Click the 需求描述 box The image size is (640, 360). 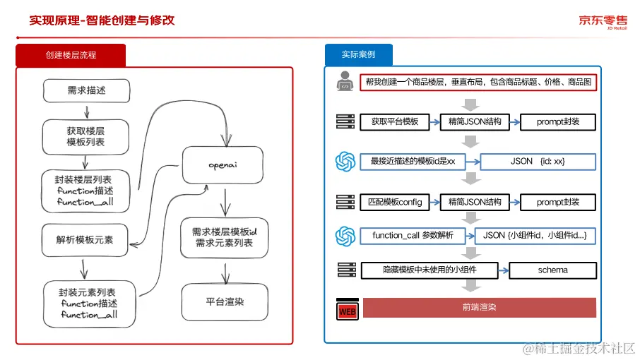tap(86, 90)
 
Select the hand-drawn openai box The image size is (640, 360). tap(223, 165)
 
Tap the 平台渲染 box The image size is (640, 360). tap(225, 302)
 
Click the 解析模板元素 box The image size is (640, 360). tap(85, 240)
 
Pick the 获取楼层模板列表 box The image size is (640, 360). tap(85, 136)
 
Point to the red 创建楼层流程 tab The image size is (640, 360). tap(71, 55)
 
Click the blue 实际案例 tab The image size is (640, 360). tap(358, 54)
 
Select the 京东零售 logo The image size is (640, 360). tap(603, 22)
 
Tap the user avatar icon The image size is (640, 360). tap(345, 81)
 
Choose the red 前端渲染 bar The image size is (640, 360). tap(480, 307)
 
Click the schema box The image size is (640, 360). tap(552, 270)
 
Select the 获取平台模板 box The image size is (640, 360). tap(395, 122)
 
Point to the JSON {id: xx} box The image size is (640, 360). tap(538, 162)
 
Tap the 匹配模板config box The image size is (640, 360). tap(395, 202)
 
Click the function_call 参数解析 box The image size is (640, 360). tap(413, 236)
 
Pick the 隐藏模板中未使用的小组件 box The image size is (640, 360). tap(429, 270)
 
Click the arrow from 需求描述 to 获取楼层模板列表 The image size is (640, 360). tap(86, 112)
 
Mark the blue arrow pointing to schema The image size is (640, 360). tap(504, 270)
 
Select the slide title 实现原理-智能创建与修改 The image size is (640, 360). tap(102, 20)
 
